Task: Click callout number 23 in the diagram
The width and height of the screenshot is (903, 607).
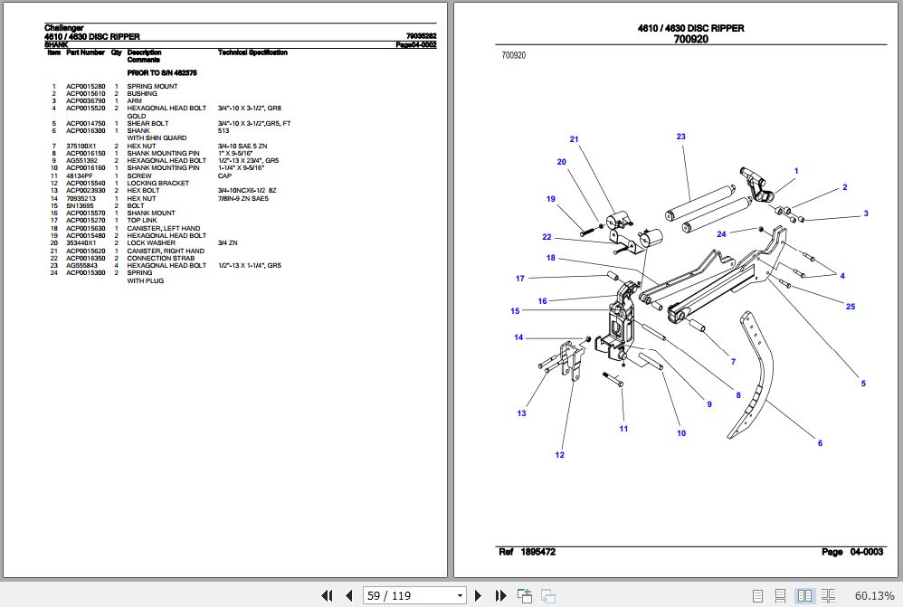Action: pos(680,138)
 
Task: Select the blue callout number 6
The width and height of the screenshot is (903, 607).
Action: pos(820,443)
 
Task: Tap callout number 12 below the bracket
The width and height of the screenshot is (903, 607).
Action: pos(559,455)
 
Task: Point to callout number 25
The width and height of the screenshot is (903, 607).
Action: pos(850,307)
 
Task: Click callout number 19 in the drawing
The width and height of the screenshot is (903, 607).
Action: pos(550,199)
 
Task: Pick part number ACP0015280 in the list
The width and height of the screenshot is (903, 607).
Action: pos(85,87)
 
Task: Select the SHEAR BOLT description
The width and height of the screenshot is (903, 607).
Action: pos(147,124)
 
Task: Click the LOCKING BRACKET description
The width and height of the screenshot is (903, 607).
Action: pos(157,184)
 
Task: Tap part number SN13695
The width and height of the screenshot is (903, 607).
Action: pos(80,206)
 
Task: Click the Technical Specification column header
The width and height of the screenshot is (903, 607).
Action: pos(252,52)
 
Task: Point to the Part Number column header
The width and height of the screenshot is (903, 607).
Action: pos(85,52)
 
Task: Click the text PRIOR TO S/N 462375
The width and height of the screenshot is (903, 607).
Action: pos(162,72)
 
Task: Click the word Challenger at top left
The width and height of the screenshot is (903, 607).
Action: pos(63,28)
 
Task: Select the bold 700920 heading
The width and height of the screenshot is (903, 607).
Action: pos(690,40)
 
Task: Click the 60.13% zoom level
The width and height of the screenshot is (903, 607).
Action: pos(873,595)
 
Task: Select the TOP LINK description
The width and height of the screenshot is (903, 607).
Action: pos(142,221)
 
